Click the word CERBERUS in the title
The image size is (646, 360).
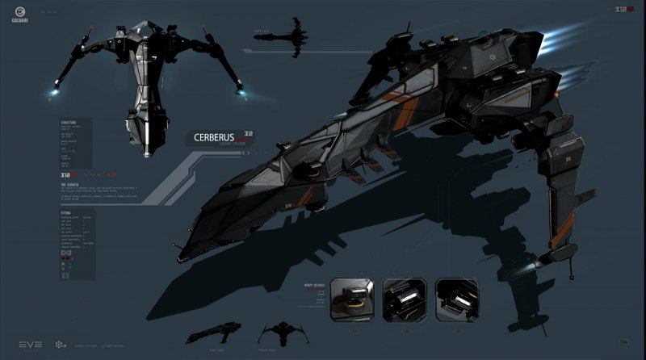click(214, 137)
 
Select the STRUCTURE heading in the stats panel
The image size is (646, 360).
click(69, 123)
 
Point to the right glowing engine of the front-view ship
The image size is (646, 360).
click(240, 95)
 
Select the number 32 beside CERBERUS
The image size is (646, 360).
click(249, 133)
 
